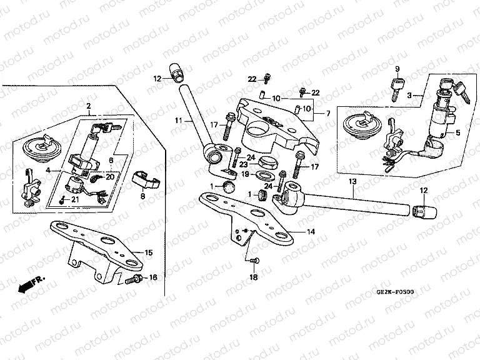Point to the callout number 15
[x=148, y=252]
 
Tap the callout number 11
[x=178, y=119]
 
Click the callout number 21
[x=75, y=199]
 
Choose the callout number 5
[x=457, y=132]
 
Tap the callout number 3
[x=409, y=95]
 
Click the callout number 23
[x=244, y=164]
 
